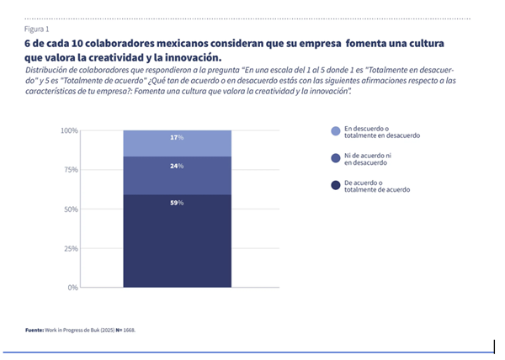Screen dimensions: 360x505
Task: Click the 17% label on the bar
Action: click(x=177, y=137)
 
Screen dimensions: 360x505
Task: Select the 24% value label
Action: click(x=177, y=166)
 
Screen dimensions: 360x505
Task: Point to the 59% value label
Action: click(x=177, y=203)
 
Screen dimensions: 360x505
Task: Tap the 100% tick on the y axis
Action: click(x=69, y=131)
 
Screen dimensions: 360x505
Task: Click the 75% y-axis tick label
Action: click(x=71, y=170)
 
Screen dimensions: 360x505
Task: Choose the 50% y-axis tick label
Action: click(x=71, y=209)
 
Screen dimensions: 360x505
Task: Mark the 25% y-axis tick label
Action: click(x=71, y=249)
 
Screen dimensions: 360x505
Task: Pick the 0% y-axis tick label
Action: click(x=73, y=288)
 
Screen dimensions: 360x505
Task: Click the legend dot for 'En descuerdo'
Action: click(x=336, y=131)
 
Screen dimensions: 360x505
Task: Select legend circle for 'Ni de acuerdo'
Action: click(x=336, y=158)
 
